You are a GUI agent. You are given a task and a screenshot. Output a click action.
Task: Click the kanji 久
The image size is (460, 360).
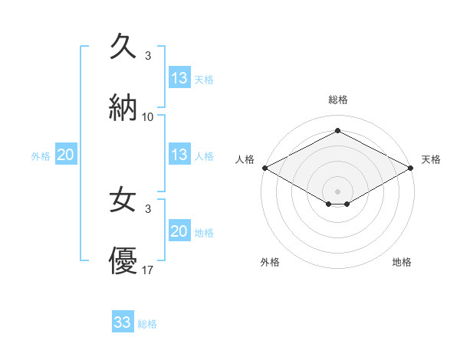pyautogui.click(x=123, y=47)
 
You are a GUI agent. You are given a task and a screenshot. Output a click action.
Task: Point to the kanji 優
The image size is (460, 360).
pyautogui.click(x=123, y=261)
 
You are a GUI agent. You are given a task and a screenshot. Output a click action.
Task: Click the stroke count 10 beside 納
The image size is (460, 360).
pyautogui.click(x=148, y=117)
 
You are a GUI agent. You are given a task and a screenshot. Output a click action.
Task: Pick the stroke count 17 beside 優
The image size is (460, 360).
pyautogui.click(x=148, y=271)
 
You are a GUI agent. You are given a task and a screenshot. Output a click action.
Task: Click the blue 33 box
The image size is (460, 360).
pyautogui.click(x=123, y=322)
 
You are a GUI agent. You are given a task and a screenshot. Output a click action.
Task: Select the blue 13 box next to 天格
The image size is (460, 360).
pyautogui.click(x=179, y=77)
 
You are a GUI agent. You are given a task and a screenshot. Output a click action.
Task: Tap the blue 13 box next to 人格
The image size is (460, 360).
pyautogui.click(x=179, y=155)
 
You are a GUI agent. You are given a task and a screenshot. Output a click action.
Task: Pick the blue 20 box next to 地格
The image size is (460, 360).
pyautogui.click(x=179, y=231)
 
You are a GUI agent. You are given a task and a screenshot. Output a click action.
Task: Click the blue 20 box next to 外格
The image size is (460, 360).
pyautogui.click(x=65, y=155)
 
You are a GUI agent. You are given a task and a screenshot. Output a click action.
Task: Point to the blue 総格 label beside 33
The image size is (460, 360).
pyautogui.click(x=147, y=324)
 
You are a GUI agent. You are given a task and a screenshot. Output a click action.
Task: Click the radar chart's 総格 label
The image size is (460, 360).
pyautogui.click(x=337, y=100)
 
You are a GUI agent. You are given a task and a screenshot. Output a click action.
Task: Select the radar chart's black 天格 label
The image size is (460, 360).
pyautogui.click(x=432, y=159)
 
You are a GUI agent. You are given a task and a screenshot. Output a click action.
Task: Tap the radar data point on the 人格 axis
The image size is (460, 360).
pyautogui.click(x=264, y=168)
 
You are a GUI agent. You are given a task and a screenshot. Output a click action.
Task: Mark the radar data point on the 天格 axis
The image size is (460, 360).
pyautogui.click(x=411, y=168)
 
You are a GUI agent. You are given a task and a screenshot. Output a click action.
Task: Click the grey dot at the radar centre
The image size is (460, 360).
pyautogui.click(x=337, y=191)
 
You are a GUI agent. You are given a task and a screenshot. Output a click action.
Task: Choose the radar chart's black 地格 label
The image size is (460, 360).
pyautogui.click(x=402, y=262)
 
